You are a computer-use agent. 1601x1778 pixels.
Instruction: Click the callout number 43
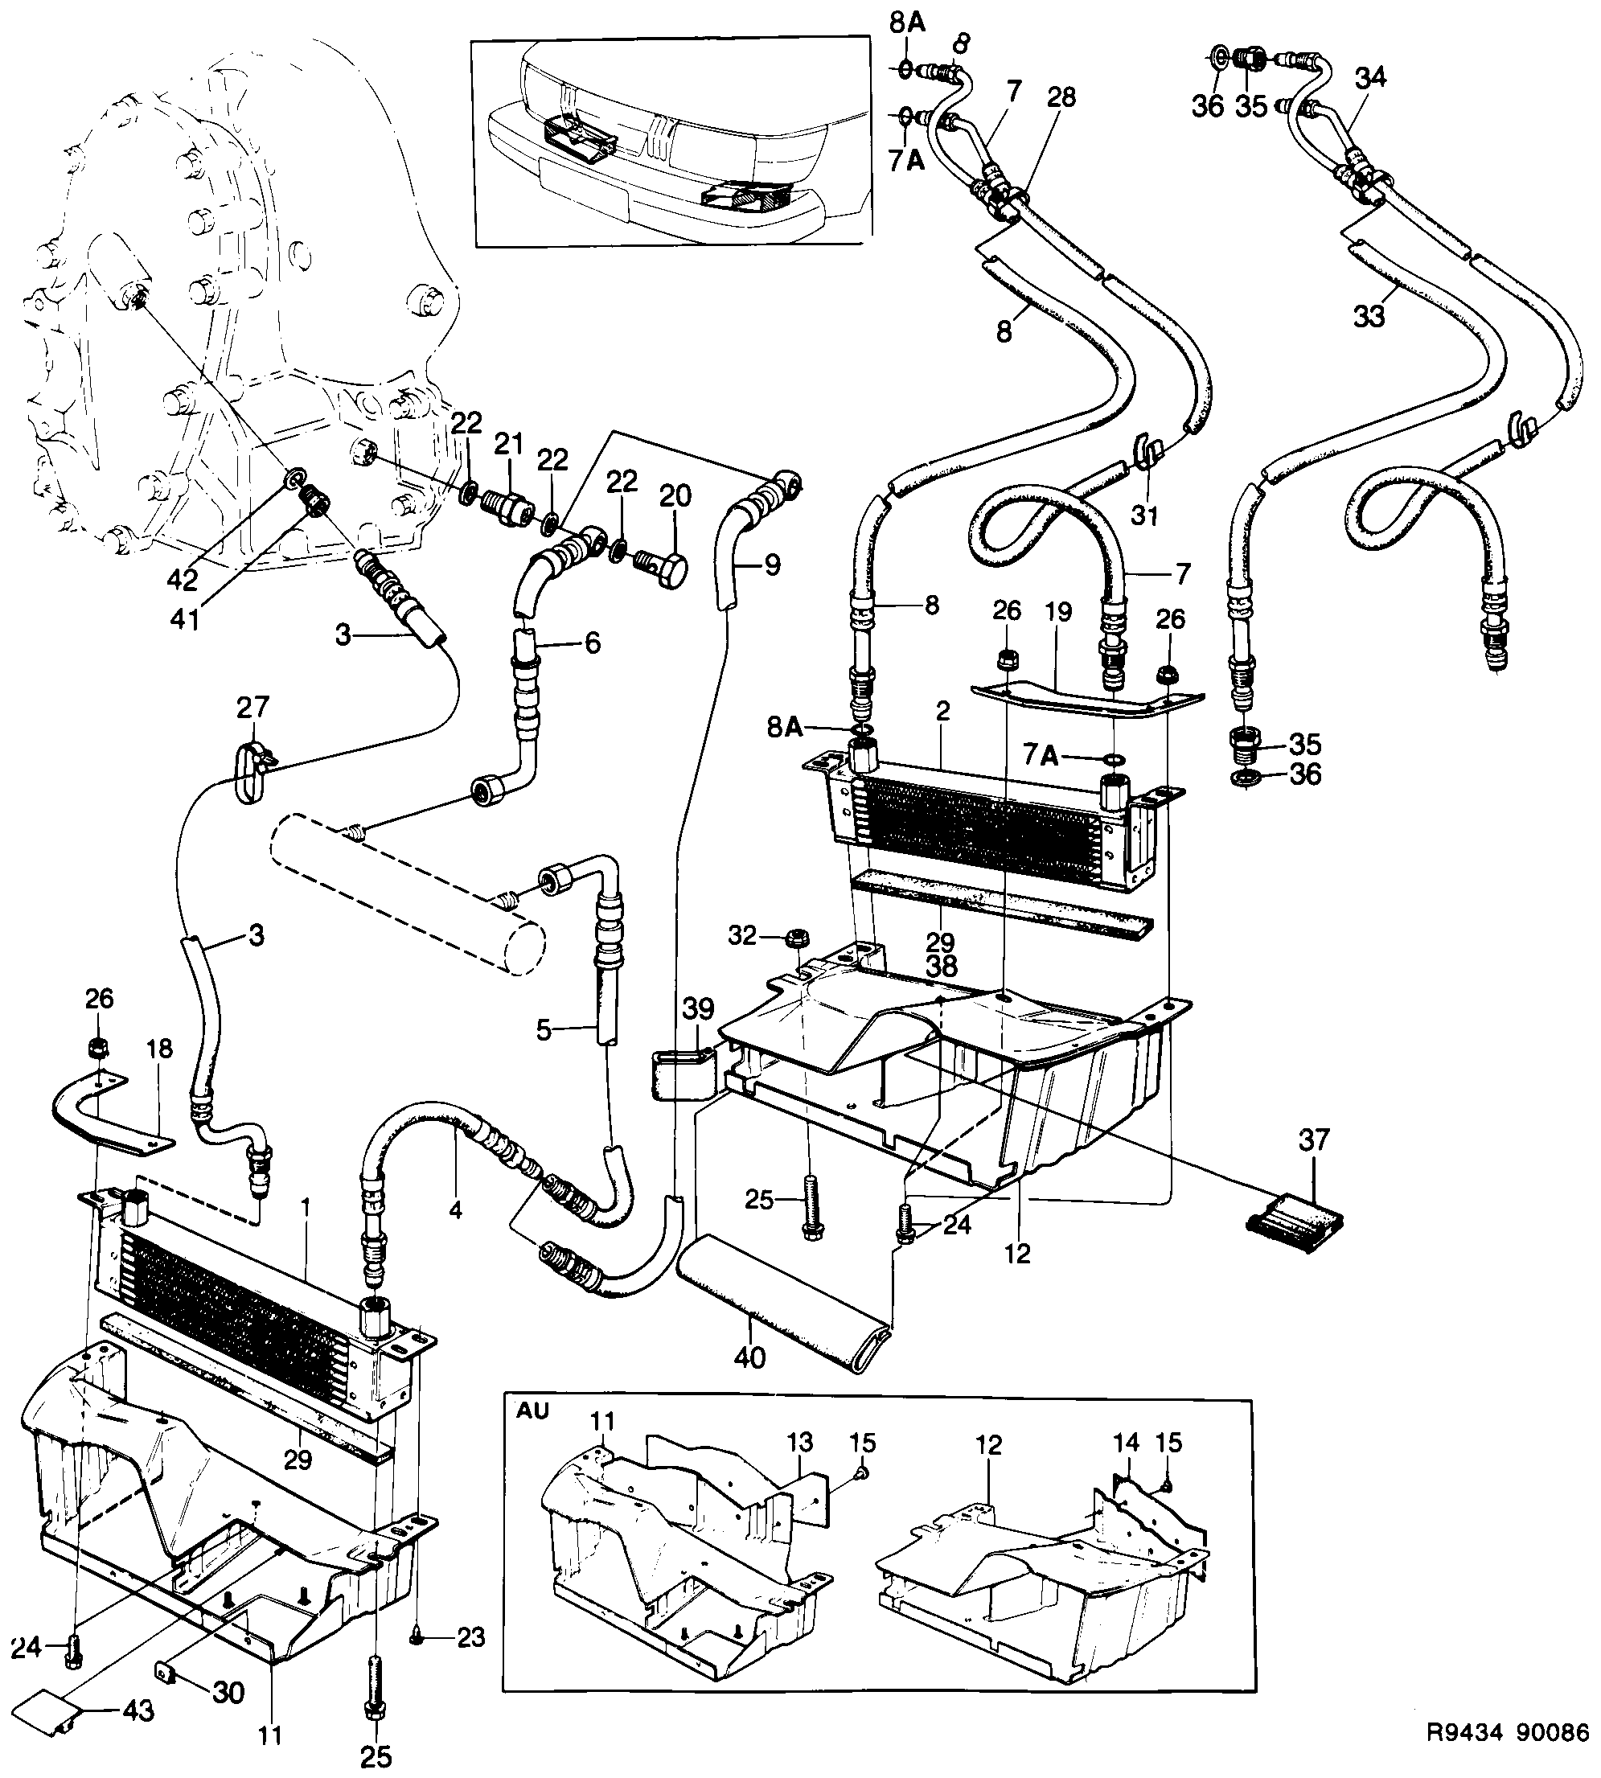(x=138, y=1710)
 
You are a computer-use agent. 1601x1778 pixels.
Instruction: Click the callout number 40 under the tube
(x=749, y=1357)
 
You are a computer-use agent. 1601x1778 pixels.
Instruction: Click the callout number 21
(x=508, y=443)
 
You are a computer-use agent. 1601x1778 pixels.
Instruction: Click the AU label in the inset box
(x=532, y=1411)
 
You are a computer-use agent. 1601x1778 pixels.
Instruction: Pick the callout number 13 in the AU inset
(x=798, y=1442)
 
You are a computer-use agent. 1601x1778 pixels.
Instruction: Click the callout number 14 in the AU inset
(x=1125, y=1442)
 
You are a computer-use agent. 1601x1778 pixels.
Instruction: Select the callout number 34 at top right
(x=1369, y=77)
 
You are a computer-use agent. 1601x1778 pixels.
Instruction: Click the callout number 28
(x=1061, y=96)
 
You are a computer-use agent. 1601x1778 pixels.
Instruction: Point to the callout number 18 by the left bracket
(x=160, y=1049)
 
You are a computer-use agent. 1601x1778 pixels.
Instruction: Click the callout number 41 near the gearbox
(x=184, y=618)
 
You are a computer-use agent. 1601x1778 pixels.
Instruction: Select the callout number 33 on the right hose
(x=1369, y=316)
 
